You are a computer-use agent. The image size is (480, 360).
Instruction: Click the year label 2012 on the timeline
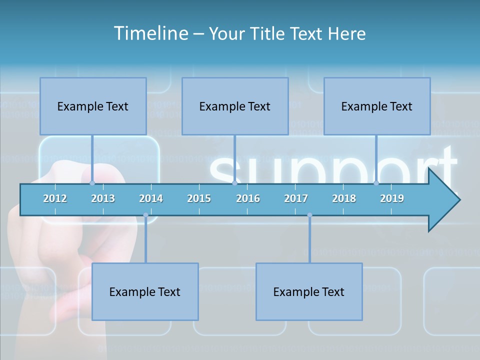[x=55, y=198]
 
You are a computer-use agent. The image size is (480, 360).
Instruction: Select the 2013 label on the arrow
[x=103, y=198]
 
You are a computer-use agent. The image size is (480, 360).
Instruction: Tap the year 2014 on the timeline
[x=151, y=198]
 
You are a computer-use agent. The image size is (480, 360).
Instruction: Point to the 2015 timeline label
[x=199, y=198]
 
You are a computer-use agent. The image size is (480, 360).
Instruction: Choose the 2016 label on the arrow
[x=248, y=198]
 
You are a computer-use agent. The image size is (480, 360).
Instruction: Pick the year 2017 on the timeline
[x=296, y=198]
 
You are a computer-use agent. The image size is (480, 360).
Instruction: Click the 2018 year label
[x=344, y=198]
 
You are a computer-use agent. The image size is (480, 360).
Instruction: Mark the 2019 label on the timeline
[x=392, y=198]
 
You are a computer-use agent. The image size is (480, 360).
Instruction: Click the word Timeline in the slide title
[x=151, y=33]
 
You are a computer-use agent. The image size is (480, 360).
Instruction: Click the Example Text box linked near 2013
[x=93, y=106]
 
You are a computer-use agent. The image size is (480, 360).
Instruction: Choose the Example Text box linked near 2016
[x=235, y=106]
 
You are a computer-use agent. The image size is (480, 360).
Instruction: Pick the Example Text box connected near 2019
[x=377, y=106]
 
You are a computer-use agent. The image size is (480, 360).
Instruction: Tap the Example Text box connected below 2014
[x=145, y=291]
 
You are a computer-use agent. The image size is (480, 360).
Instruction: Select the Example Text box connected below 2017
[x=309, y=291]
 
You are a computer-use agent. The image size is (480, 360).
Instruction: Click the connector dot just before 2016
[x=235, y=183]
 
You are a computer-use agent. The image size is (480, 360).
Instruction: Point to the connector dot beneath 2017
[x=309, y=215]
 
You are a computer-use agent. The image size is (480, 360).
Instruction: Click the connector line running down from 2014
[x=145, y=240]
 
